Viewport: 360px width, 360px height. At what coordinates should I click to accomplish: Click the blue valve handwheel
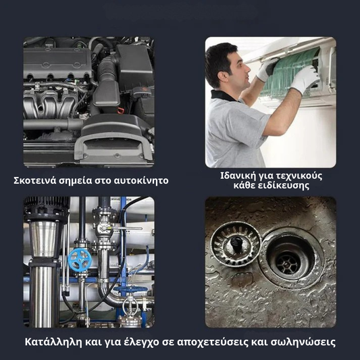pos(80,259)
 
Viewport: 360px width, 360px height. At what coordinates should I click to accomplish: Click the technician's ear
pos(222,76)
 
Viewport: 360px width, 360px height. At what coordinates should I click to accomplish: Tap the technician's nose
pos(248,68)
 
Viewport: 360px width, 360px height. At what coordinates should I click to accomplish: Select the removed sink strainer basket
pos(236,244)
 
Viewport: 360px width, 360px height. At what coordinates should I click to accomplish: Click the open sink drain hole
pos(288,260)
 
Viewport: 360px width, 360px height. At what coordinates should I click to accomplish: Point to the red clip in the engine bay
pos(120,111)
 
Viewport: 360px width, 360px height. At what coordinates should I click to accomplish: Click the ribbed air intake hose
pos(107,69)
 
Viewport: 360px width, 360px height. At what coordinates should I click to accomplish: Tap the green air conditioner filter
pos(290,74)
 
